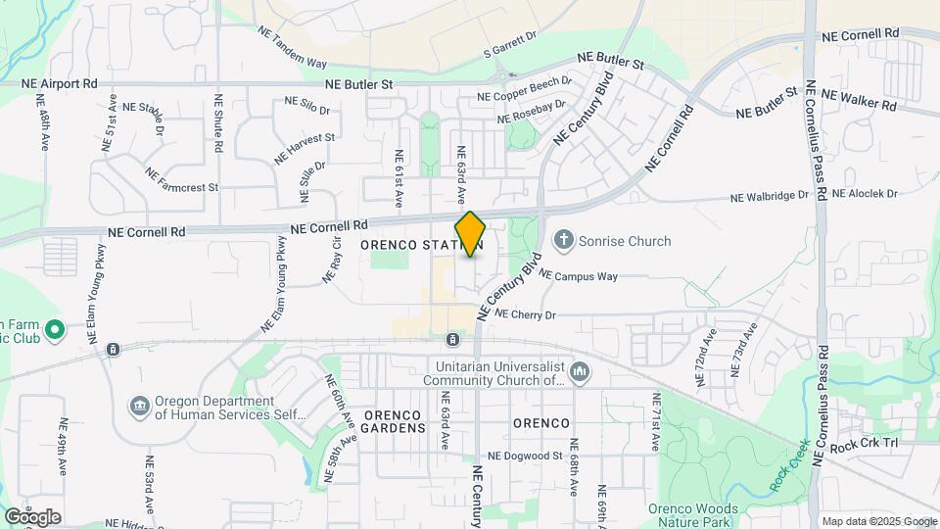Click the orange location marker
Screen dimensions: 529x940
tap(470, 234)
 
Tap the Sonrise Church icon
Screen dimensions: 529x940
tap(564, 240)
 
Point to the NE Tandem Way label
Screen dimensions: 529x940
tap(292, 47)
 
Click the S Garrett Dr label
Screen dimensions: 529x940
tap(512, 42)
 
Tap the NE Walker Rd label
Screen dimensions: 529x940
tap(859, 99)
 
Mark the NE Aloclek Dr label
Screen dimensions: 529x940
tap(867, 194)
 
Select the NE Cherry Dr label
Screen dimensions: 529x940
tap(526, 314)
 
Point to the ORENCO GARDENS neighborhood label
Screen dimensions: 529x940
tap(395, 421)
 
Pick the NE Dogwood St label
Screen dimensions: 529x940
tap(525, 456)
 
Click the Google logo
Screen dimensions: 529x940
tap(32, 516)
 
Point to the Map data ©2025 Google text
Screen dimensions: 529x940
tap(879, 521)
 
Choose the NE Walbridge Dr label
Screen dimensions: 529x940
tap(770, 196)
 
